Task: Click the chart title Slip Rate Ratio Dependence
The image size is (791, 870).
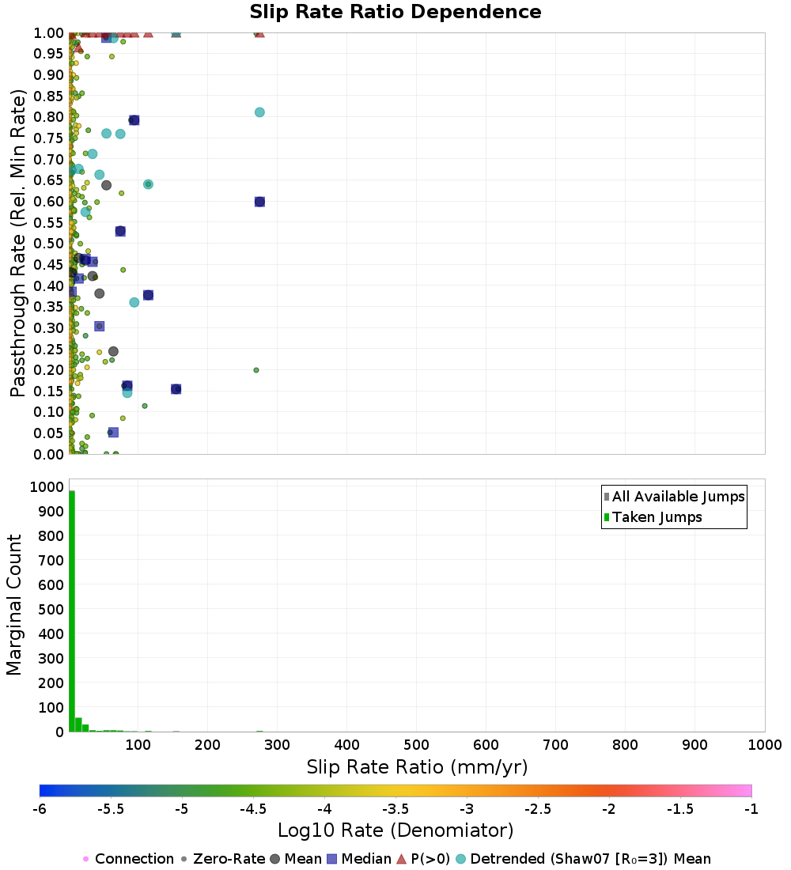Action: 395,12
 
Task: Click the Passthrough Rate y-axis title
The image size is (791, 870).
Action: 17,243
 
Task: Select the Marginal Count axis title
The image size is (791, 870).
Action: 13,605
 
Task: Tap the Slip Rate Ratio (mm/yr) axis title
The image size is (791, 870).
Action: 417,767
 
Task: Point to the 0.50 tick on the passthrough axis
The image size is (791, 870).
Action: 49,243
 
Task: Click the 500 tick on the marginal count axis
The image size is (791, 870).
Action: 51,609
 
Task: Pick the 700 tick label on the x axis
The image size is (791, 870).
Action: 555,744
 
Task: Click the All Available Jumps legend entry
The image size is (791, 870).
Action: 674,497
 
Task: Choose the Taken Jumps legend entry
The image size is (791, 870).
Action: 653,517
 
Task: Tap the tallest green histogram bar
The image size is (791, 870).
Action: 72,611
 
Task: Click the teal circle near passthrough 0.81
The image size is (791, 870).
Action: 259,112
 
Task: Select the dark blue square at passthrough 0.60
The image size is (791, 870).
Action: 259,202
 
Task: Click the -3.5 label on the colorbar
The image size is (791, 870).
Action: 396,809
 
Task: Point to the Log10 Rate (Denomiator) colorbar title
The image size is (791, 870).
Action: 395,830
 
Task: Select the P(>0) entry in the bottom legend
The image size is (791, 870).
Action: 423,859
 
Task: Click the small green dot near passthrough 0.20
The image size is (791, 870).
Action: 256,370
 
